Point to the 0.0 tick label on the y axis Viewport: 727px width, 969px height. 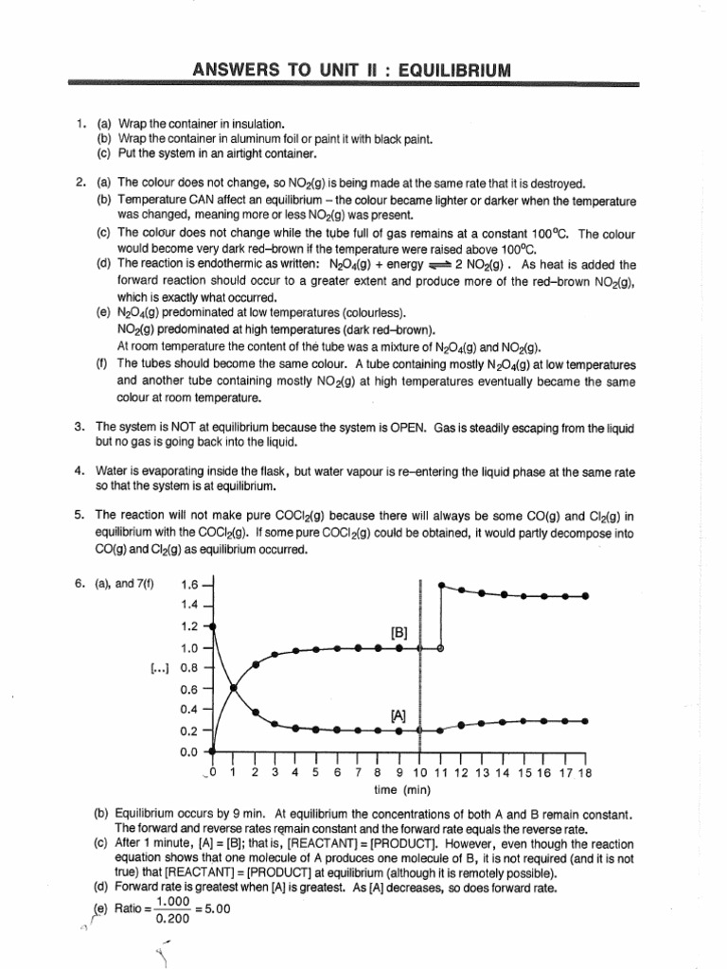[189, 752]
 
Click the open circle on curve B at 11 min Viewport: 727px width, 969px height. [441, 648]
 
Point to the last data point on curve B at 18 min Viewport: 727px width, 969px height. [586, 596]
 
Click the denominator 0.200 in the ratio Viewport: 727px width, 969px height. [171, 917]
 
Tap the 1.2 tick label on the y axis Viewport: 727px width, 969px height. [189, 626]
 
